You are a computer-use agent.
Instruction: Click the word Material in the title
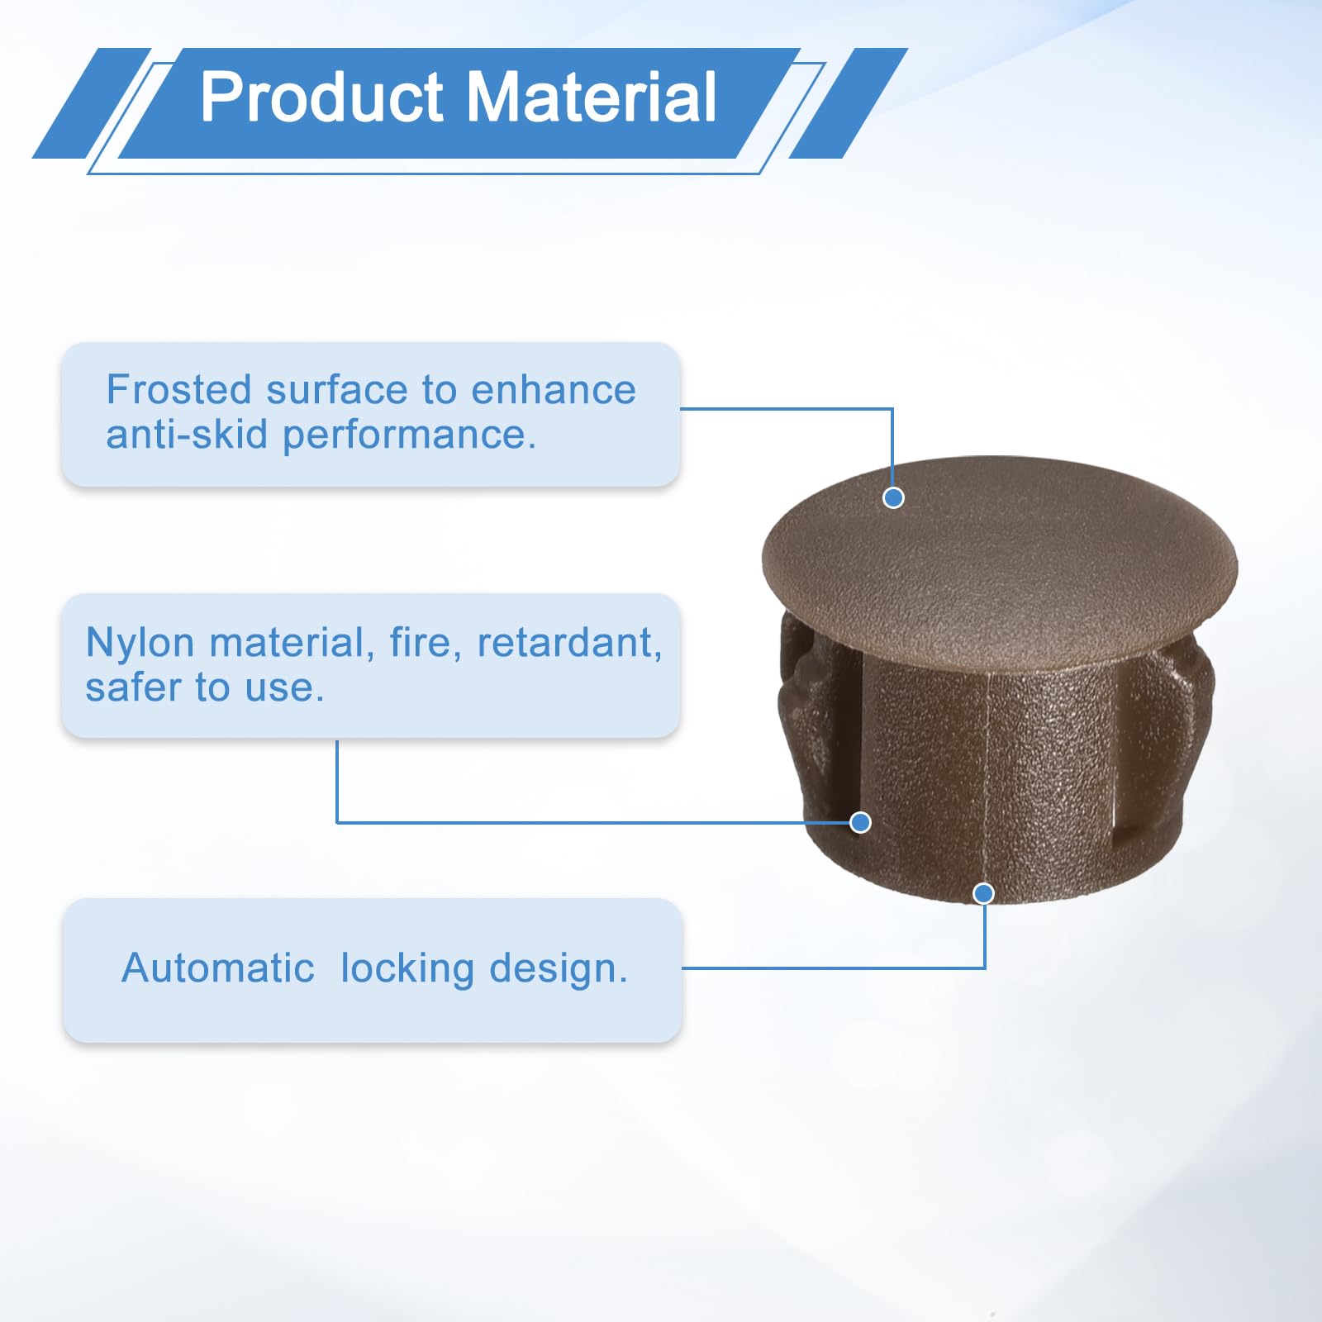[592, 97]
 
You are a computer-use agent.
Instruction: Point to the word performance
[410, 435]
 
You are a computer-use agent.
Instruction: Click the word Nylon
[140, 644]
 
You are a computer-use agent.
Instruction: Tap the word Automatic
[218, 968]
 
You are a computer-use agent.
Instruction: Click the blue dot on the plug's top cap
[893, 497]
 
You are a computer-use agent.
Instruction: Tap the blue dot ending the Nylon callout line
[860, 822]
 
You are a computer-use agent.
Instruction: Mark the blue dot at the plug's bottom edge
[983, 893]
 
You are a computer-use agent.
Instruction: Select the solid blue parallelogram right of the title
[849, 103]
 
